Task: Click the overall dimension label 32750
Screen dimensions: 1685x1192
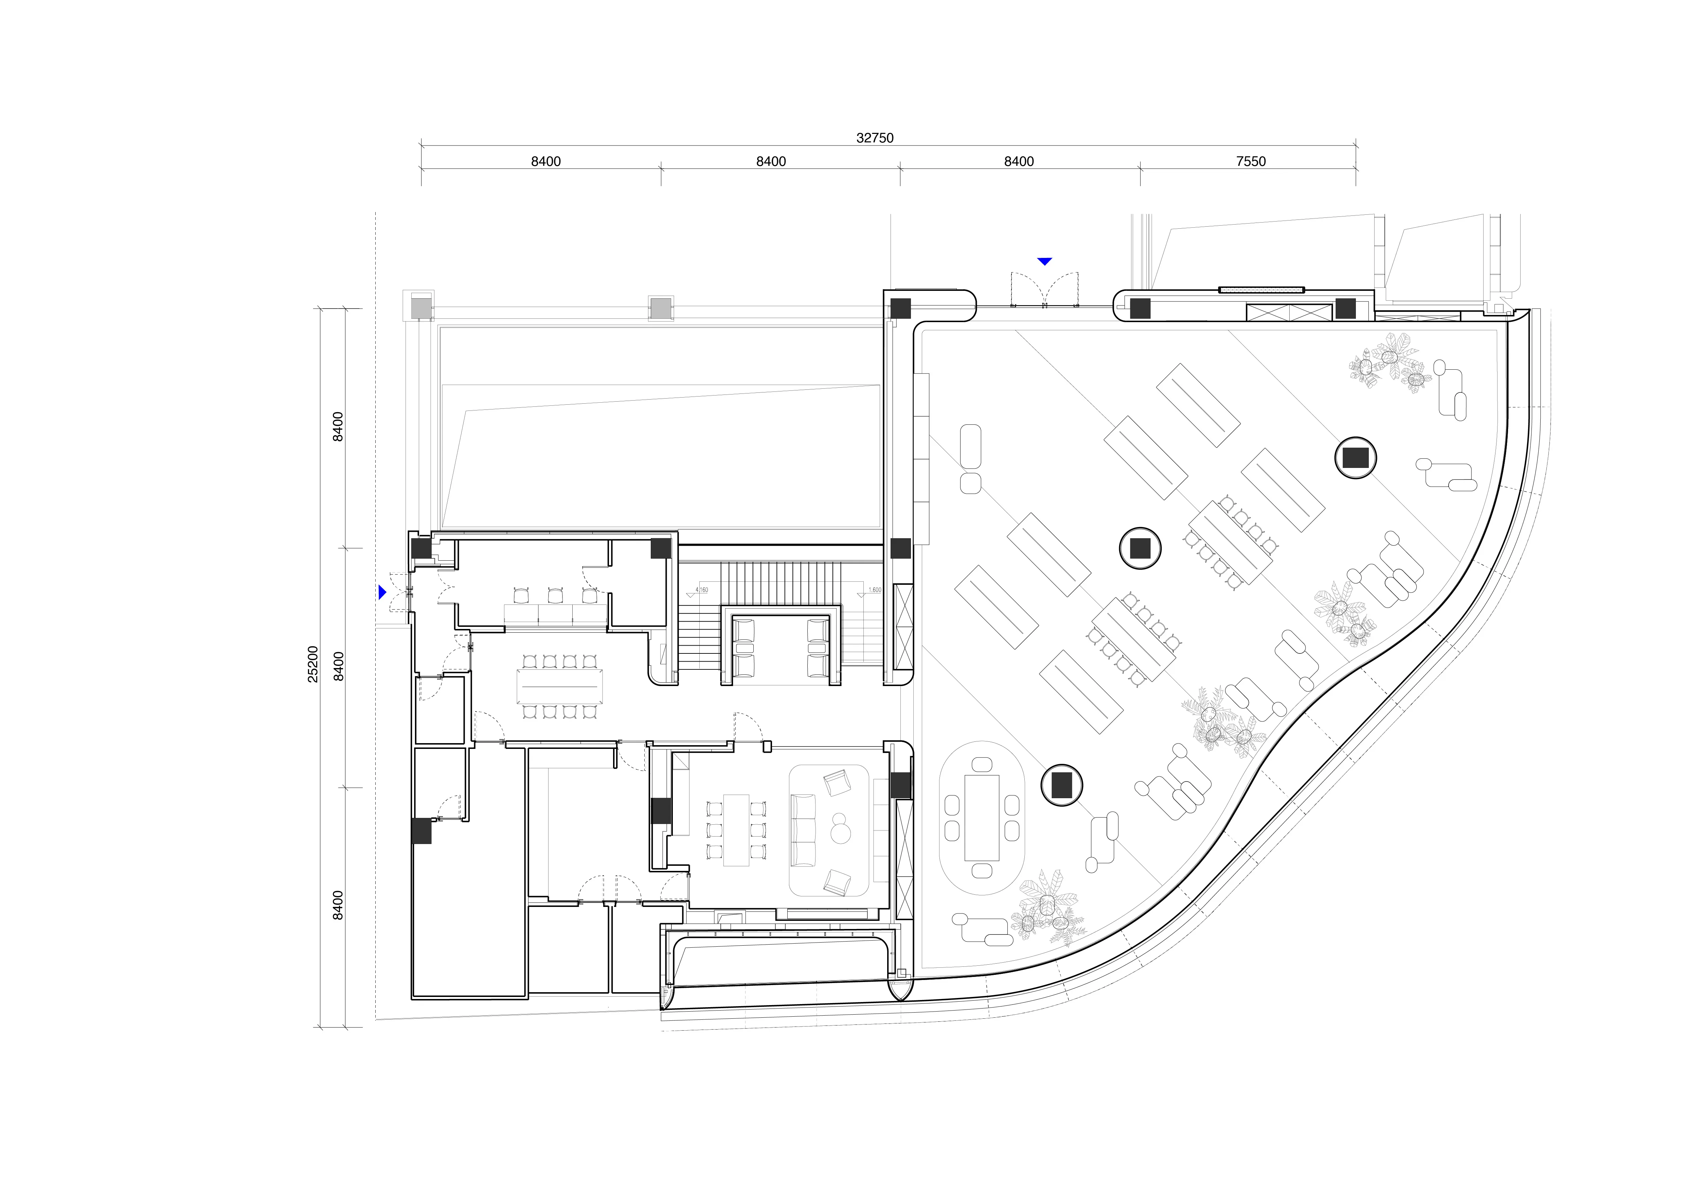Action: [875, 138]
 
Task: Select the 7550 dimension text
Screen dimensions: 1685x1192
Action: [1251, 161]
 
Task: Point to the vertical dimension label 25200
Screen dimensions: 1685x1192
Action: [313, 664]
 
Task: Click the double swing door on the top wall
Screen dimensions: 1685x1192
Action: [1044, 288]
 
